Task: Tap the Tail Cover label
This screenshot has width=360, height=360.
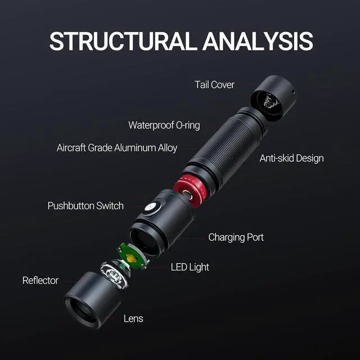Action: [214, 85]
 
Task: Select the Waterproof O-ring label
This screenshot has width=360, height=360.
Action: [164, 125]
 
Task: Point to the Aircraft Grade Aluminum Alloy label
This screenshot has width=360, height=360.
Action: [117, 148]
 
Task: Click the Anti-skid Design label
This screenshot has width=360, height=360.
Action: [291, 158]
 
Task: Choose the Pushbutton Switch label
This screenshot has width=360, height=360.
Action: [85, 205]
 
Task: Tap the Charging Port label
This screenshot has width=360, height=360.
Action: [236, 237]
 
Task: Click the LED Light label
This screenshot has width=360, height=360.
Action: [190, 267]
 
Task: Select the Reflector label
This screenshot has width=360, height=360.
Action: [40, 280]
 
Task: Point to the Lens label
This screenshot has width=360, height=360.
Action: [133, 318]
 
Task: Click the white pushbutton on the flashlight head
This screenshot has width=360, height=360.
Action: [150, 208]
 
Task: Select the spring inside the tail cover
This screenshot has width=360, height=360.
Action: [269, 102]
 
